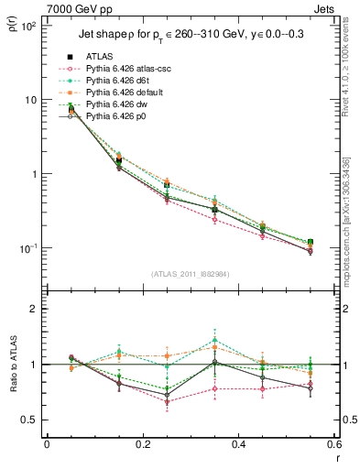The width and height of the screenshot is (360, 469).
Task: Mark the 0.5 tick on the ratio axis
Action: (31, 420)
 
